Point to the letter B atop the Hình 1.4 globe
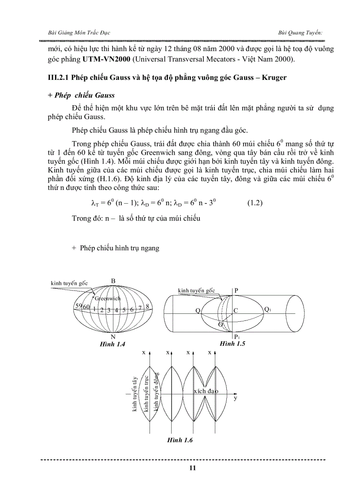[x=113, y=281]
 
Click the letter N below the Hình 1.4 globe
[x=113, y=336]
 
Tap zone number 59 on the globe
[x=79, y=307]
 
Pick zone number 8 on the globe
[x=147, y=306]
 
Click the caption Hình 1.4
[x=112, y=344]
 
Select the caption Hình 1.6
[x=180, y=440]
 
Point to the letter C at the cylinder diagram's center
[x=236, y=311]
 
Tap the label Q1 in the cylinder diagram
[x=267, y=309]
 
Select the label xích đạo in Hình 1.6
[x=206, y=391]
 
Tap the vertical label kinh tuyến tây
[x=135, y=394]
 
